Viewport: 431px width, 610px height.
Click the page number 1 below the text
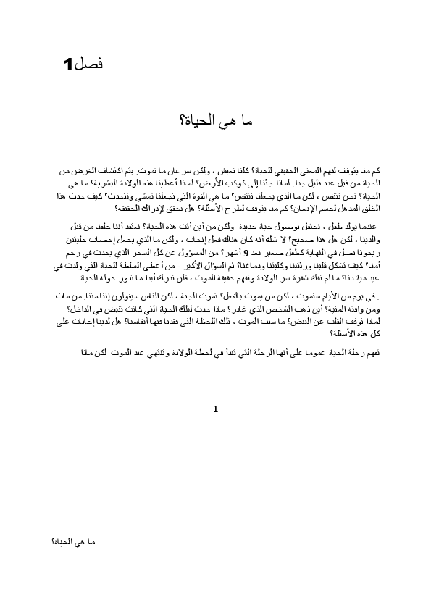point(216,410)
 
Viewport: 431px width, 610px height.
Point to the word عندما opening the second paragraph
point(357,225)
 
